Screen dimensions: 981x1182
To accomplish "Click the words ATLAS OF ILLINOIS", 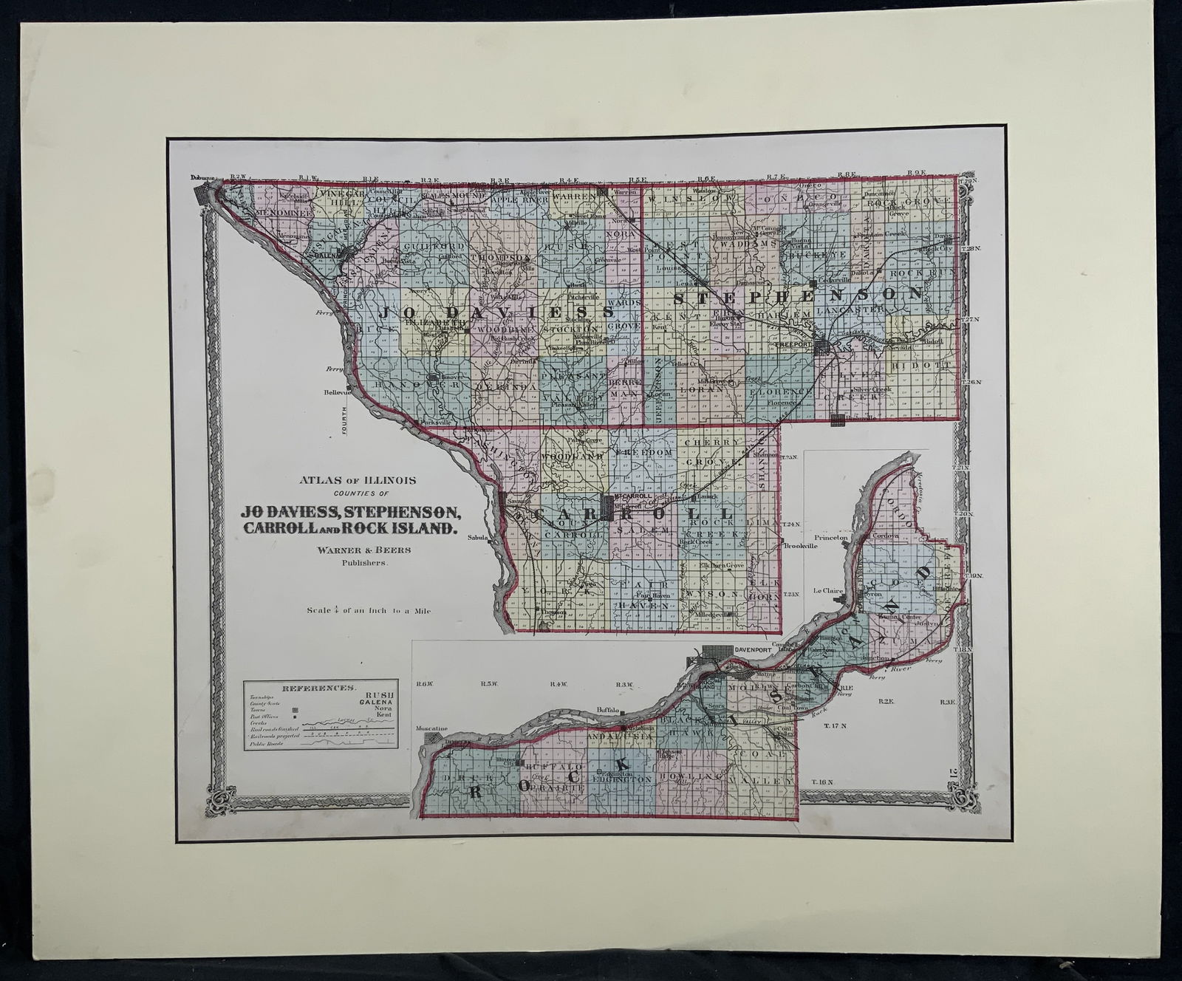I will [x=358, y=480].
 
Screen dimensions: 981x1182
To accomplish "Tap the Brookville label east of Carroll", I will [x=801, y=546].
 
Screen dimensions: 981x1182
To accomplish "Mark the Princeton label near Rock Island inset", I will [x=827, y=538].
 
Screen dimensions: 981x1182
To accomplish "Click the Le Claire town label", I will [x=827, y=591].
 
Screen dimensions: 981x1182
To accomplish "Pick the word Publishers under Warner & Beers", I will [x=363, y=563].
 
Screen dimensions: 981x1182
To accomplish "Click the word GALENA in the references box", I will [x=374, y=703].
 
